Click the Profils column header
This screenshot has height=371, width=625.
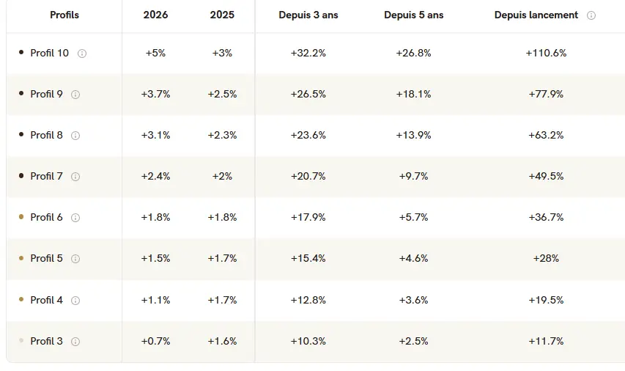click(x=64, y=15)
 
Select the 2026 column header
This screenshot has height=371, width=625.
click(x=155, y=15)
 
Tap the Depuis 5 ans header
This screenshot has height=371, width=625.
click(x=414, y=15)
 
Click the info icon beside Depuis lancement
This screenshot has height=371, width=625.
click(x=591, y=15)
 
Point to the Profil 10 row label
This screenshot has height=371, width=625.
click(x=49, y=53)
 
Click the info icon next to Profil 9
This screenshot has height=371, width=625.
click(x=75, y=95)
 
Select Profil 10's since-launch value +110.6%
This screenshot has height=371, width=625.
click(x=546, y=53)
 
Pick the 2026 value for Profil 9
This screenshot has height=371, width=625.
click(x=155, y=94)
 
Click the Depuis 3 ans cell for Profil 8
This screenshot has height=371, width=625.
click(x=308, y=135)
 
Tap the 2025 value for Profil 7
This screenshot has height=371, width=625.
click(x=222, y=176)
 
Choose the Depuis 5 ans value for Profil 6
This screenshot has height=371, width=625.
click(x=413, y=218)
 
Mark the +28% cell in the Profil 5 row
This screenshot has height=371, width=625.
click(x=546, y=259)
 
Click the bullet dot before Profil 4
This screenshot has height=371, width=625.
click(x=21, y=299)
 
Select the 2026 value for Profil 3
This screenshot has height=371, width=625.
click(x=155, y=342)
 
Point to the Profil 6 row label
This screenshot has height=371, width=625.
click(x=46, y=218)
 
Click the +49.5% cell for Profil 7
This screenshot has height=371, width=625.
click(x=546, y=176)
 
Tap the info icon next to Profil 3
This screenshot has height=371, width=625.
click(x=75, y=342)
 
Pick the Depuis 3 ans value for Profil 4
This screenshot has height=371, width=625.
click(x=308, y=300)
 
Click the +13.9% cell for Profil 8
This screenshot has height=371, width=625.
click(x=413, y=135)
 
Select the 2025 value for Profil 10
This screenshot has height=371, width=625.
click(x=222, y=53)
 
